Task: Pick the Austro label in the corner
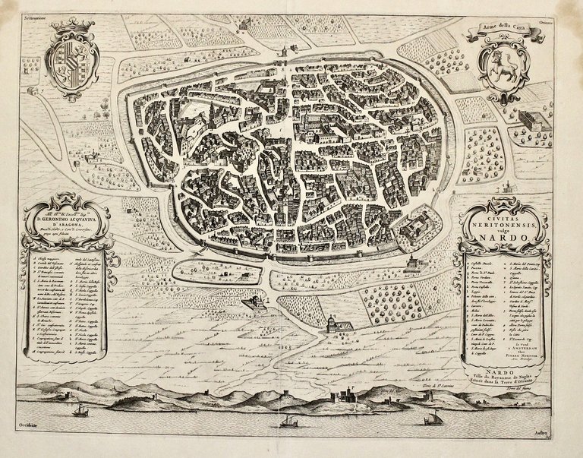tap(563, 440)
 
